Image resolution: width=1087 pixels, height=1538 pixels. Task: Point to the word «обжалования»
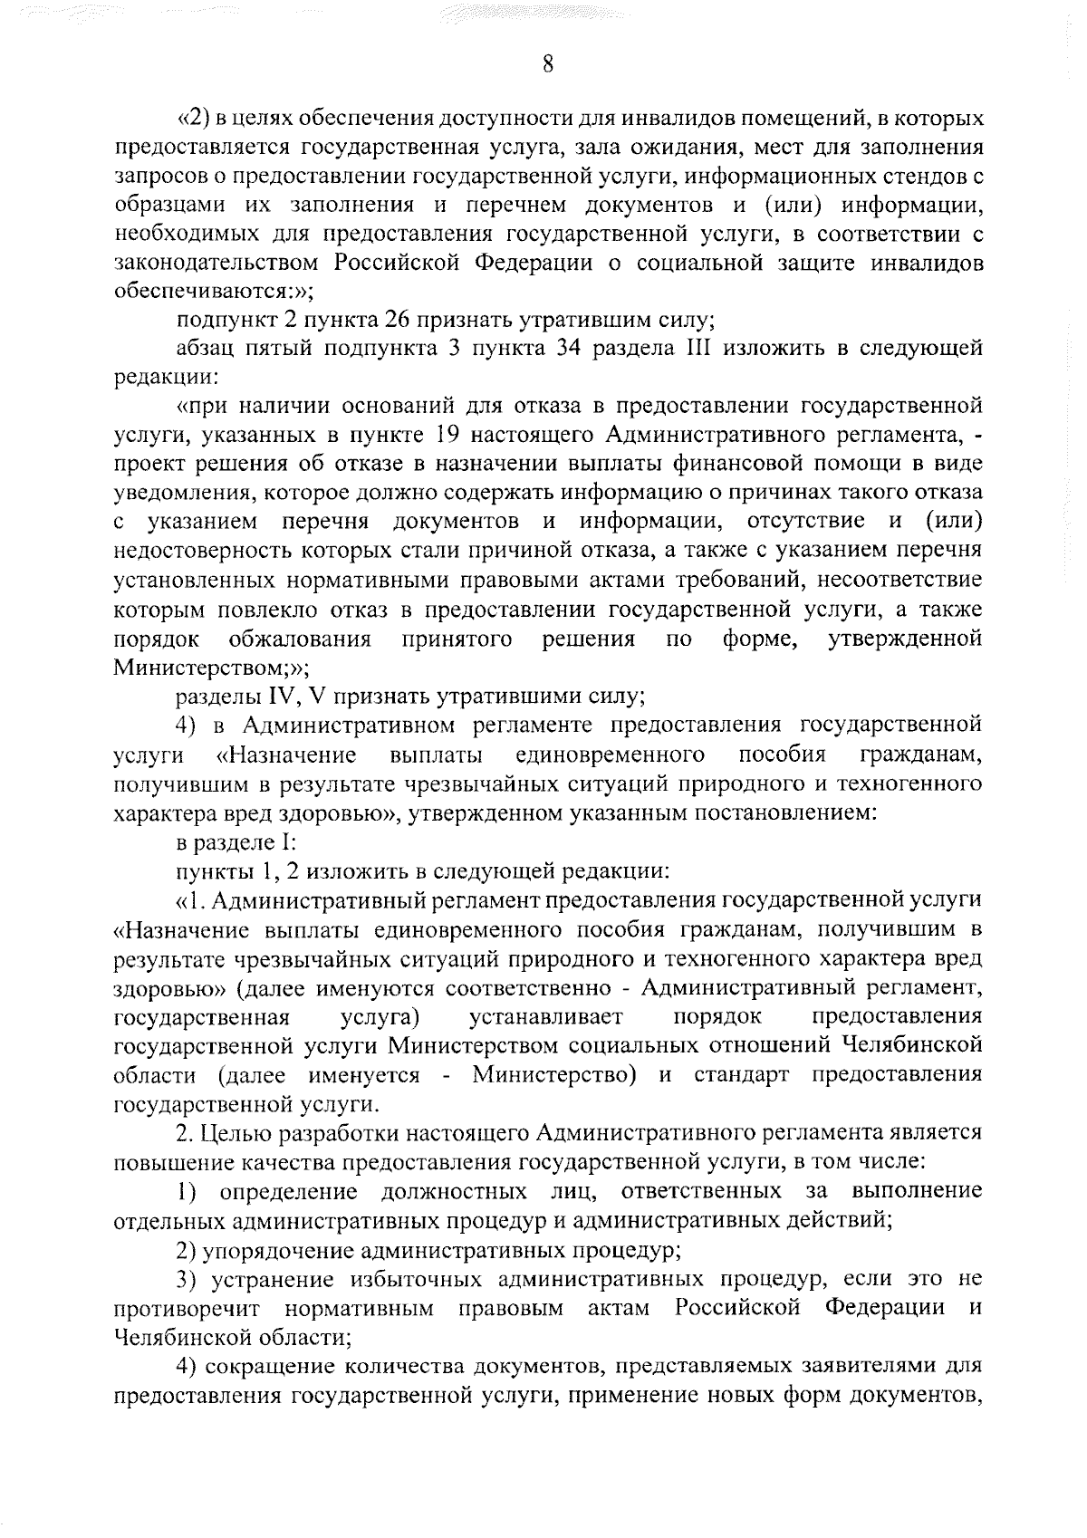[x=300, y=639]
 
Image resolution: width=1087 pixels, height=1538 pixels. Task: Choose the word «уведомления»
[x=172, y=494]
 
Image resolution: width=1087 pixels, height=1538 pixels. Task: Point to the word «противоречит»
[x=188, y=1309]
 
